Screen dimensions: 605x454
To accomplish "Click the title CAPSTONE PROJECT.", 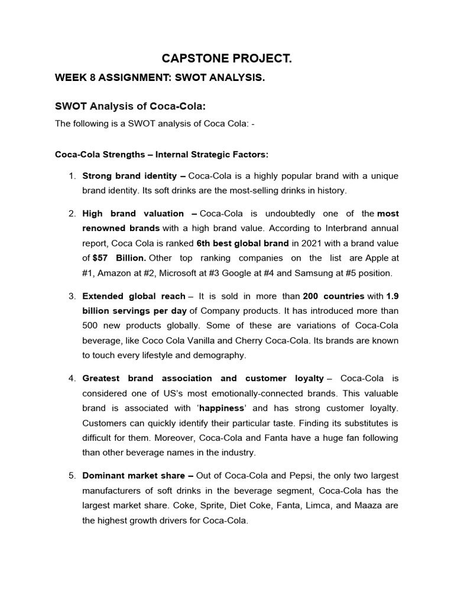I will coord(227,59).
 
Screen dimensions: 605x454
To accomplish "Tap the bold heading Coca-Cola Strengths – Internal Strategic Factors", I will coord(161,154).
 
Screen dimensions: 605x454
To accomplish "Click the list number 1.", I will coord(72,176).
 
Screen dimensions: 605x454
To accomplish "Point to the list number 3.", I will coord(72,296).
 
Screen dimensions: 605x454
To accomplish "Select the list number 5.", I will coord(72,476).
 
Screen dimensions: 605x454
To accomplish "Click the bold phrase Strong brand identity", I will coord(129,176).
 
